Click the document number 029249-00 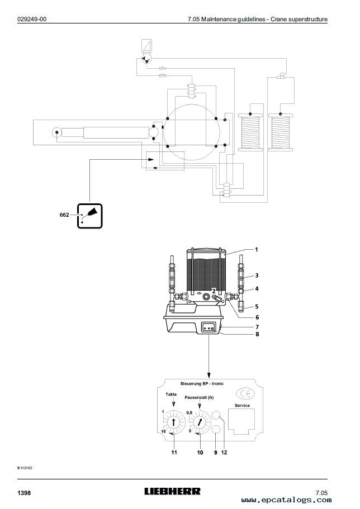32,19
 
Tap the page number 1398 24,493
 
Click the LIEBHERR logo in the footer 173,492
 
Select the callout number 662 64,215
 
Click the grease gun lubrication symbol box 89,216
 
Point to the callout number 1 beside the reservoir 257,250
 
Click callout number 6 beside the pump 257,317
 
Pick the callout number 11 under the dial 174,452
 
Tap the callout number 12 224,452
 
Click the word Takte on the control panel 171,394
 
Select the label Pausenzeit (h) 199,397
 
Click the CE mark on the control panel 245,394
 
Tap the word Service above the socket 243,406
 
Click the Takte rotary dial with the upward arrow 173,422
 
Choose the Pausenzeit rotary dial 200,422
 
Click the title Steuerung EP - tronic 202,383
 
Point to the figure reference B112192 25,468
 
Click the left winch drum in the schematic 250,132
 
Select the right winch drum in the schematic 281,132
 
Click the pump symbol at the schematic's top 147,59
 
